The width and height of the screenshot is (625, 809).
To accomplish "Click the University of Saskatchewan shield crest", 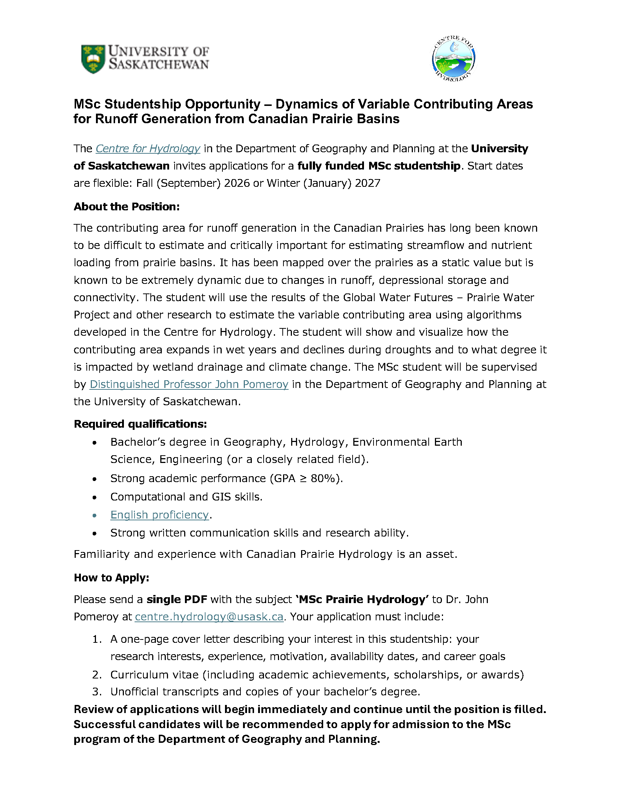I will tap(93, 59).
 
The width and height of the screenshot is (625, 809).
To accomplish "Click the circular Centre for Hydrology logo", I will tap(454, 59).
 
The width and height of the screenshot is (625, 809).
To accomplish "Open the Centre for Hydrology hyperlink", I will tap(148, 149).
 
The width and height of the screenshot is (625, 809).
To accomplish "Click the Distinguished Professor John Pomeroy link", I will tap(189, 384).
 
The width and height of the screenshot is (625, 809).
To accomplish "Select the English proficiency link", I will tap(160, 515).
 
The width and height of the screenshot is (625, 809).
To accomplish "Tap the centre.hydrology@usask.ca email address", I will tap(209, 617).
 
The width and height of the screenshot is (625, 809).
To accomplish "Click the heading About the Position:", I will tap(126, 207).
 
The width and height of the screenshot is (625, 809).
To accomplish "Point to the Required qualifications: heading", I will tap(140, 424).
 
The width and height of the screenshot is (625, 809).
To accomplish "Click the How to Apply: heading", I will tap(111, 578).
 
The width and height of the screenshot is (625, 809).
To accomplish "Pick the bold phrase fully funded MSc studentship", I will tap(379, 166).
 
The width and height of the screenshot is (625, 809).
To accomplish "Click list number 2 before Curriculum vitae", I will tap(97, 675).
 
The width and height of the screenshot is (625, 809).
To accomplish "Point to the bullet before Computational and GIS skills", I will tap(95, 497).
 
